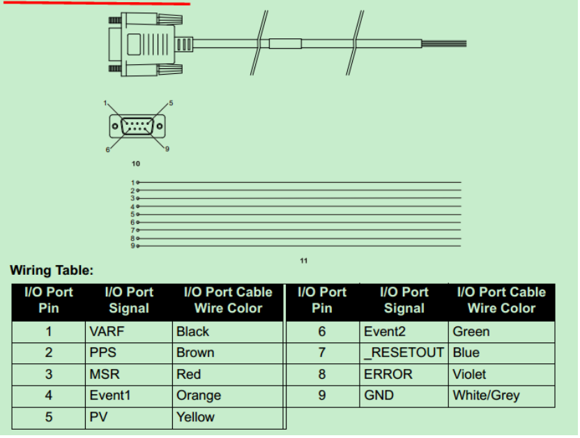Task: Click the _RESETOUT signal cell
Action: (404, 353)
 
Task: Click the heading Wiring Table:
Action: (52, 271)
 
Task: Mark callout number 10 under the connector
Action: (136, 163)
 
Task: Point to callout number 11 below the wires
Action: (303, 261)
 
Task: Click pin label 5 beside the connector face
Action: (171, 103)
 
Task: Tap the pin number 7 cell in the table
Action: (321, 353)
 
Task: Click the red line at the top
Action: (95, 2)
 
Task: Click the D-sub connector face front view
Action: (137, 126)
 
